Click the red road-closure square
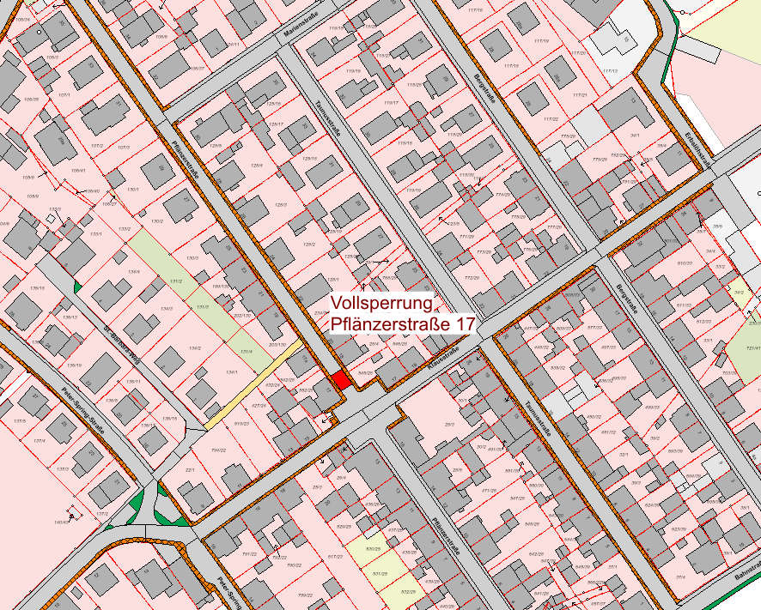click(341, 380)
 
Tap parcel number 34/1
click(635, 136)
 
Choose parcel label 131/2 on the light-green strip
click(175, 281)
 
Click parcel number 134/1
click(231, 371)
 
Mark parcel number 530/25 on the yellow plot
click(372, 548)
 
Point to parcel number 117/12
click(611, 70)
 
